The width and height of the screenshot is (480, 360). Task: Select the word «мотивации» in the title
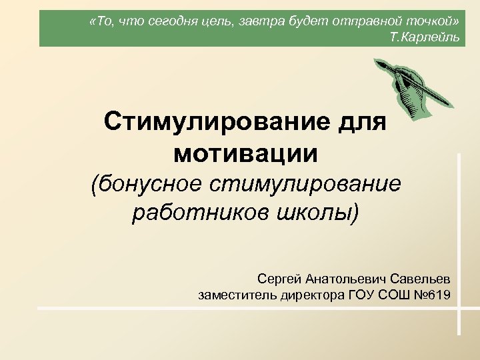(x=245, y=153)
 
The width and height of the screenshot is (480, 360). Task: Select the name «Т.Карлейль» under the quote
(x=425, y=36)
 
